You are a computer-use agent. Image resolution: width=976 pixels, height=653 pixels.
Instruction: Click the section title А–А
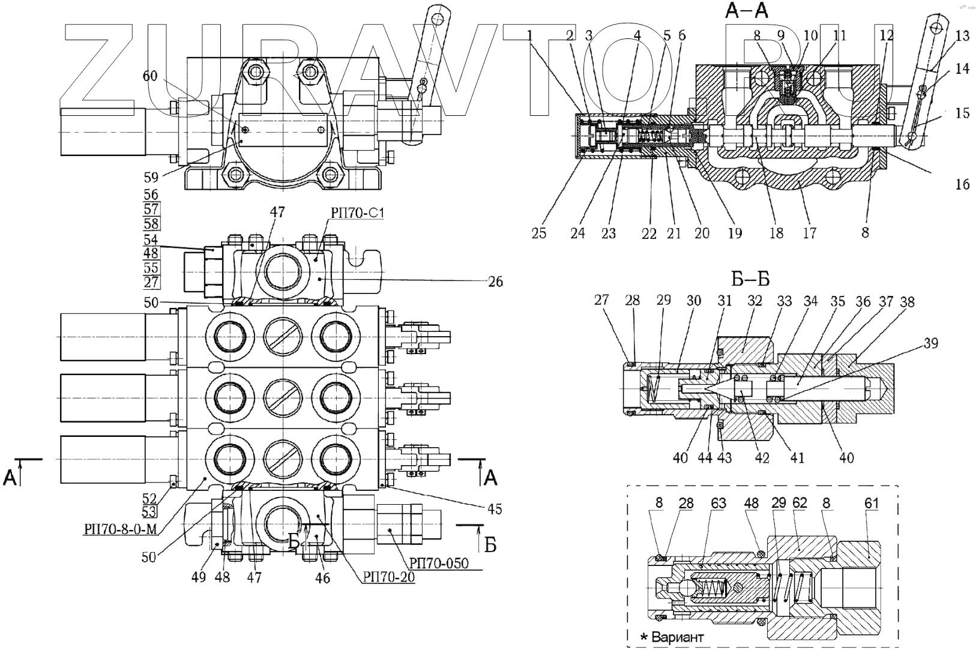(x=747, y=10)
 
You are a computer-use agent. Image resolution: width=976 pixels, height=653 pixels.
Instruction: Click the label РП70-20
(x=388, y=577)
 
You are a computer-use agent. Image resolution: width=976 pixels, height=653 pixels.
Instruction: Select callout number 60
(x=151, y=76)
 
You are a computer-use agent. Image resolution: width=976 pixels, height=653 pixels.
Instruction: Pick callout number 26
(x=495, y=281)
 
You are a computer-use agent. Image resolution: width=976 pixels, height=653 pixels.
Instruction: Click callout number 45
(x=495, y=510)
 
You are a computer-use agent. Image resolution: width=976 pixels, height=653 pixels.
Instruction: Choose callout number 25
(x=539, y=233)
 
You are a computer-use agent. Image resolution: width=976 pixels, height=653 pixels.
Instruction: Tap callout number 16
(x=962, y=184)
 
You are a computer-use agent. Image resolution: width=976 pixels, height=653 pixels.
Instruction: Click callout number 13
(x=962, y=37)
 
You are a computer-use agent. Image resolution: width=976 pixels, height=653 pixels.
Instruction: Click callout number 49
(x=199, y=577)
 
